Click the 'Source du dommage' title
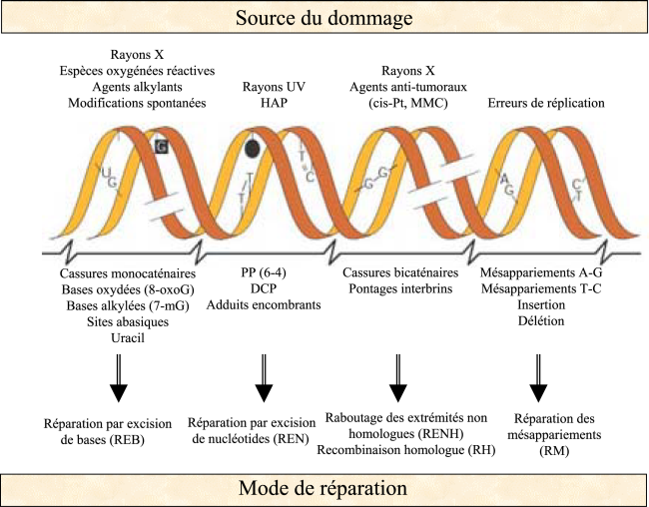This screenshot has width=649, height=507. point(324,17)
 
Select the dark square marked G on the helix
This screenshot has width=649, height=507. point(161,147)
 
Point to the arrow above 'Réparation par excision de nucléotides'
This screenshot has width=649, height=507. point(265,377)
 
